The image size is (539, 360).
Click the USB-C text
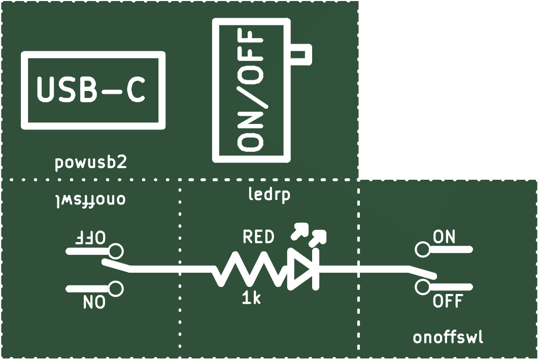click(x=91, y=89)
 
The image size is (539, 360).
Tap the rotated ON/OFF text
click(x=251, y=90)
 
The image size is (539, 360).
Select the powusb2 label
click(x=91, y=162)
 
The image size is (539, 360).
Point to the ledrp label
click(x=269, y=194)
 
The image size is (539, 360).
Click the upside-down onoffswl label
click(x=91, y=200)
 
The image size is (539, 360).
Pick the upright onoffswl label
click(x=448, y=337)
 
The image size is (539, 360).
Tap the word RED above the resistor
click(x=258, y=237)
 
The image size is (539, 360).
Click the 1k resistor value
click(x=251, y=298)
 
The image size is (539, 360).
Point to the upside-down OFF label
click(x=90, y=238)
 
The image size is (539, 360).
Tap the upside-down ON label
click(x=94, y=302)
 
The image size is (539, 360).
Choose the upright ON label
click(x=444, y=237)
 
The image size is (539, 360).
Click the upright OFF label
click(x=448, y=301)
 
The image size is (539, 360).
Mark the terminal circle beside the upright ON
click(x=422, y=249)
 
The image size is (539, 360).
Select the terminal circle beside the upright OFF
click(x=422, y=287)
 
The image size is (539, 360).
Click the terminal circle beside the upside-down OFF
click(x=116, y=251)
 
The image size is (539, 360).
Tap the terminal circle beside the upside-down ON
click(x=116, y=288)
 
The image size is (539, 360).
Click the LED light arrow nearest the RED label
click(x=299, y=231)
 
